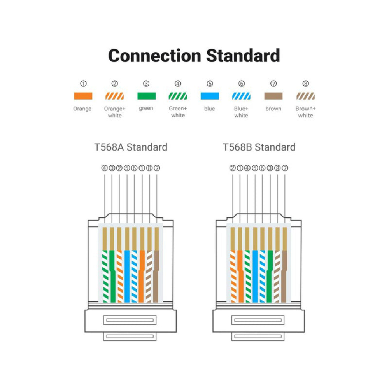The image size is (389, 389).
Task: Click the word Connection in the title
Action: pos(154,56)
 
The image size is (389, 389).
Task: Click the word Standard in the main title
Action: pos(243,55)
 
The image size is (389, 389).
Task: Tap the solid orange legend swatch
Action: pos(83,96)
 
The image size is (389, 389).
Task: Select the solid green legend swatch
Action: pos(146,96)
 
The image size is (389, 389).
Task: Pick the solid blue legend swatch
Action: pos(210,96)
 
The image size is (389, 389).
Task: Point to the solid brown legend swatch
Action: pos(273,96)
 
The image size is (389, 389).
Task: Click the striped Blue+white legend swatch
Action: pos(241,96)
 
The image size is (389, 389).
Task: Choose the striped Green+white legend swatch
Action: pos(178,96)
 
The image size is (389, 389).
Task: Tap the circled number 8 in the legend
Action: pos(306,84)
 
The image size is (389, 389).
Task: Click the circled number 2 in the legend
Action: pos(115,84)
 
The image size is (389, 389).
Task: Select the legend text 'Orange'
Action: pos(82,109)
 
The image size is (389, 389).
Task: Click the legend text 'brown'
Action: pos(273,109)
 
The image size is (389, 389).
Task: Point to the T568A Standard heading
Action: pos(131,147)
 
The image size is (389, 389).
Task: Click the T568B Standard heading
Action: pos(259,147)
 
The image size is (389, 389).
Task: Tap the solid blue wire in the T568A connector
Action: pos(127,276)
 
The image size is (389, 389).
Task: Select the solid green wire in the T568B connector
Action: pos(270,276)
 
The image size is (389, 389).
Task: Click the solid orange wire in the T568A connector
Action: pos(142,276)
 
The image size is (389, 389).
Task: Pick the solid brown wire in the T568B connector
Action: pos(284,276)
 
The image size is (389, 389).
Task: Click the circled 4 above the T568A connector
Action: pos(104,168)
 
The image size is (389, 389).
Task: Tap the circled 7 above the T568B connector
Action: pos(285,168)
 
